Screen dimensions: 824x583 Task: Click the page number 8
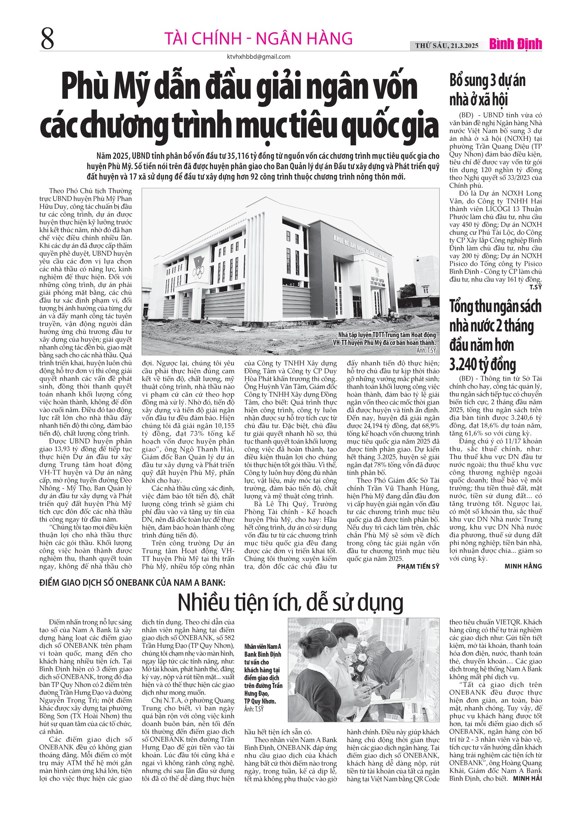tap(47, 39)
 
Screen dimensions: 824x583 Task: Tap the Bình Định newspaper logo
tap(515, 45)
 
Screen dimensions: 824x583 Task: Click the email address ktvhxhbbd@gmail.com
tap(259, 57)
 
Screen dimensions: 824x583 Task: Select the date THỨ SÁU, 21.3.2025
tap(447, 46)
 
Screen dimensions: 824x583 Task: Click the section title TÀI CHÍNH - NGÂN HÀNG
tap(258, 38)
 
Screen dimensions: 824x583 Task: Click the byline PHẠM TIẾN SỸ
tap(418, 566)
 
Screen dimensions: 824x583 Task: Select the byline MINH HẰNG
tap(523, 566)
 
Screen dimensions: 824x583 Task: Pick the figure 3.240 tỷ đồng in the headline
tap(482, 364)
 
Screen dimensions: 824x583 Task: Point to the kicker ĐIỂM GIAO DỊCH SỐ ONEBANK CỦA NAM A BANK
tap(132, 582)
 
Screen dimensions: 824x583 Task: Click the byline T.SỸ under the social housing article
tap(535, 287)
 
